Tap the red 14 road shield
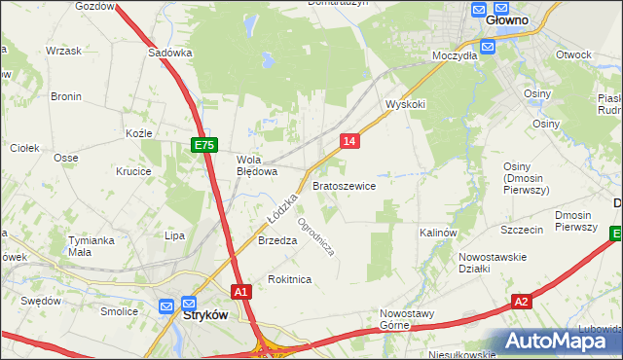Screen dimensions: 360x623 coord(350,142)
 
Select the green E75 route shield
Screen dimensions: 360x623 coord(202,145)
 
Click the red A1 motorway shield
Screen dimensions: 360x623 coord(242,291)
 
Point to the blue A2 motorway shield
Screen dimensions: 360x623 coord(522,302)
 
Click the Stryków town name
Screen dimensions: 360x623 coord(205,315)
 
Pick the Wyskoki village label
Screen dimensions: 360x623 coord(406,104)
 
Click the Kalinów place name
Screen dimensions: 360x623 coord(438,234)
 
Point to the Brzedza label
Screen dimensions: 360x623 coord(276,241)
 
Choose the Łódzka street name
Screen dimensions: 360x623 coord(276,210)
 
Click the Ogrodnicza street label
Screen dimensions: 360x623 coord(316,235)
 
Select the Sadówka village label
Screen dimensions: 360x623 coord(170,54)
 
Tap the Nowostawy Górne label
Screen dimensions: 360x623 coord(406,320)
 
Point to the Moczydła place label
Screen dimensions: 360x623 coord(455,55)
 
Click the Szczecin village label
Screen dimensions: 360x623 coord(522,231)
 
